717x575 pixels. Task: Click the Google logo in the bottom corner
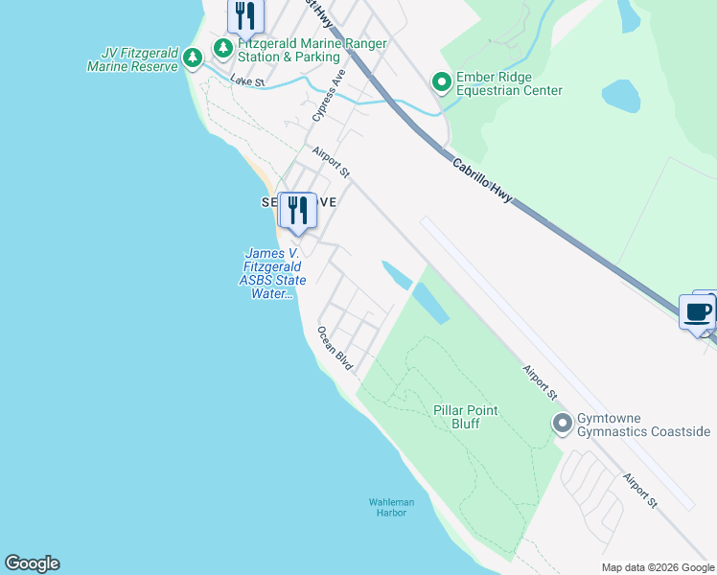click(x=32, y=563)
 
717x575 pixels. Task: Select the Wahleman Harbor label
click(x=392, y=507)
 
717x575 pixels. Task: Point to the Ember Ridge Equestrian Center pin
click(x=442, y=83)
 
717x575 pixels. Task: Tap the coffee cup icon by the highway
click(x=697, y=311)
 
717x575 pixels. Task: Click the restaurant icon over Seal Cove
click(x=297, y=210)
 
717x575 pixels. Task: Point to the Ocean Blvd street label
click(x=335, y=348)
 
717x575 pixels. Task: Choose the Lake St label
click(x=247, y=82)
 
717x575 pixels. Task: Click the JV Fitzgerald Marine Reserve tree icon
click(x=193, y=58)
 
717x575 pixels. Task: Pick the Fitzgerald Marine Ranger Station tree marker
click(x=223, y=47)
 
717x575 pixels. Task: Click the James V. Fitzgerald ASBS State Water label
click(x=273, y=273)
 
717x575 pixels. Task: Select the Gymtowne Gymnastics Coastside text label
click(x=642, y=425)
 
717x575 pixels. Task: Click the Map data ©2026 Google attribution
click(x=658, y=567)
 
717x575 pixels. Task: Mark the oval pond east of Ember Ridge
click(x=621, y=95)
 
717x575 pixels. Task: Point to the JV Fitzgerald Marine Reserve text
click(x=132, y=59)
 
